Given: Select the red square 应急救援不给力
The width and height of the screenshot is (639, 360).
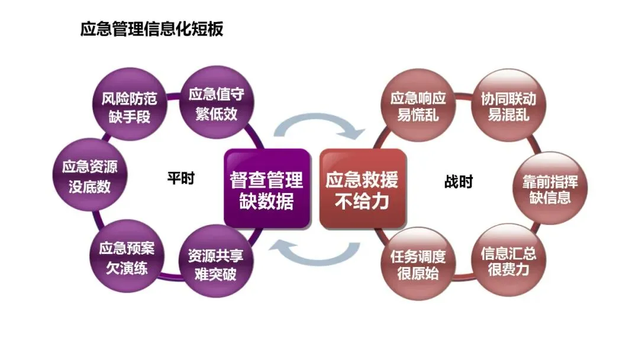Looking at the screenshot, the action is pos(362,189).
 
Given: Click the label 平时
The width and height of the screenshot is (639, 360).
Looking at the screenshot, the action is pos(180,179).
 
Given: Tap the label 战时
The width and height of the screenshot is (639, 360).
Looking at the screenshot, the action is pos(459,182).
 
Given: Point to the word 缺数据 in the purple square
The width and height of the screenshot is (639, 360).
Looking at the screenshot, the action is pos(267,201).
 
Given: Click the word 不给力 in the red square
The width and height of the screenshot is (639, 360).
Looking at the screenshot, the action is pos(362,201).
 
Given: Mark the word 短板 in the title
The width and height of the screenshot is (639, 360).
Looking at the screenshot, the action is pos(211,29).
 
